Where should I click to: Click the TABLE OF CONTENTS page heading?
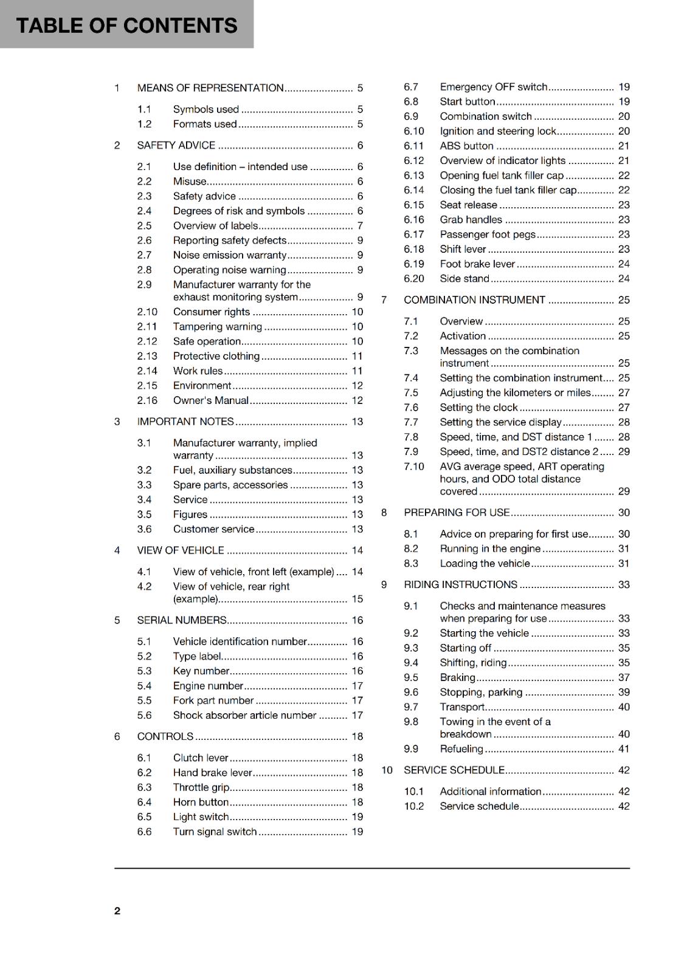tap(126, 26)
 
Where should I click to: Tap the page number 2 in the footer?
tap(117, 911)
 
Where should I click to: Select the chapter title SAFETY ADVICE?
tap(176, 145)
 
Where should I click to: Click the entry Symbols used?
tap(205, 109)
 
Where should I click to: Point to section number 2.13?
tap(147, 356)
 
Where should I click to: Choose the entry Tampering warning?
tap(217, 327)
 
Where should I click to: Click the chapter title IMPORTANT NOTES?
tap(185, 422)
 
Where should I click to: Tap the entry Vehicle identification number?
tap(240, 642)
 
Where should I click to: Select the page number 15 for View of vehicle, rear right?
tap(357, 599)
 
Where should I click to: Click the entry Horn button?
tap(201, 802)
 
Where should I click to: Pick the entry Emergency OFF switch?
tap(493, 87)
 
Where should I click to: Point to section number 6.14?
tap(414, 190)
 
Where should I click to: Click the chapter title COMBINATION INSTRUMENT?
tap(474, 300)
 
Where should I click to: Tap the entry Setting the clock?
tap(478, 408)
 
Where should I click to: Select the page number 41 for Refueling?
tap(624, 749)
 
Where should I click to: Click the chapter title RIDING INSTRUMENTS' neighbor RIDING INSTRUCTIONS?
tap(460, 584)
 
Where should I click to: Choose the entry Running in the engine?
tap(490, 549)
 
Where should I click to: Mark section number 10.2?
tap(414, 806)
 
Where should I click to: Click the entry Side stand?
tap(464, 279)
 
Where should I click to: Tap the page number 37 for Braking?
tap(624, 677)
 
